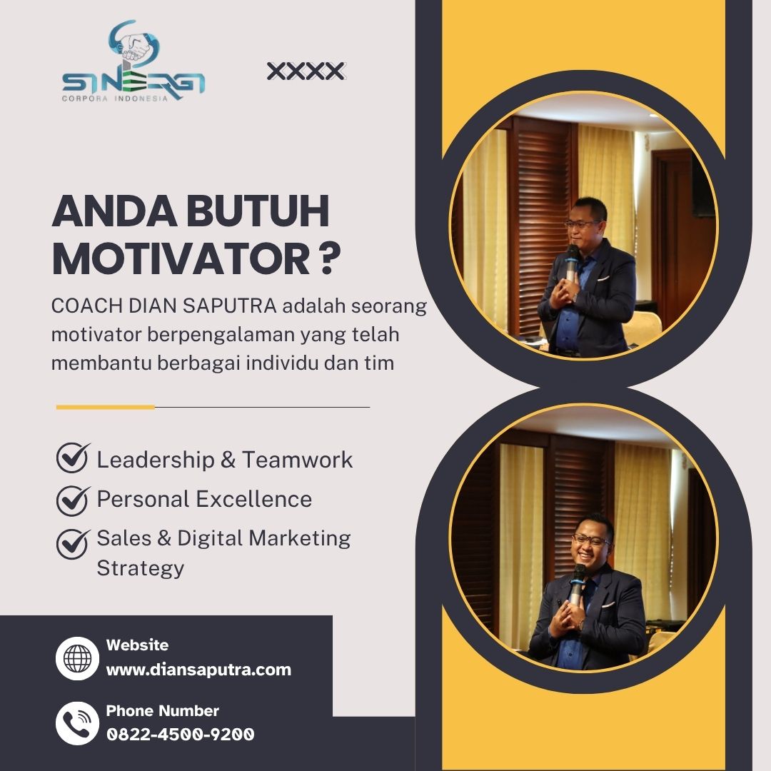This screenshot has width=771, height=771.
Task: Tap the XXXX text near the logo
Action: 306,71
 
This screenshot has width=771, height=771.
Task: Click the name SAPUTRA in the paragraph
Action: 230,306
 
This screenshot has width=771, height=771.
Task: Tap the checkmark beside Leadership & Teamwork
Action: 73,458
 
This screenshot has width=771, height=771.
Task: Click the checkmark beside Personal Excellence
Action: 73,500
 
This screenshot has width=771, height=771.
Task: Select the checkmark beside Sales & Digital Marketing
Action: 73,544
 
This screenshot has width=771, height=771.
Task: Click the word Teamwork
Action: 298,460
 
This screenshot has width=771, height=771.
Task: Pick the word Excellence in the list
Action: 254,500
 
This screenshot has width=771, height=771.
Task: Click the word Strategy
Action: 140,569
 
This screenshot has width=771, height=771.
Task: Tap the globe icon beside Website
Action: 77,658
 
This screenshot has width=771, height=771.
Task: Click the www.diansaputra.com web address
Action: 198,670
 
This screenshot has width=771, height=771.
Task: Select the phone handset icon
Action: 77,723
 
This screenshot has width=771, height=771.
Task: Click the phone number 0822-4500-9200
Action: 181,735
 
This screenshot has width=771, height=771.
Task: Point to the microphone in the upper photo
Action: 571,263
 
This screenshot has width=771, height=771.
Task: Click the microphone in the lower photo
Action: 576,585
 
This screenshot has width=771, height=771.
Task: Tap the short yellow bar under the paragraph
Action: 105,407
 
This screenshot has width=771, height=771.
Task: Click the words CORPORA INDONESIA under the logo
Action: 114,99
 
